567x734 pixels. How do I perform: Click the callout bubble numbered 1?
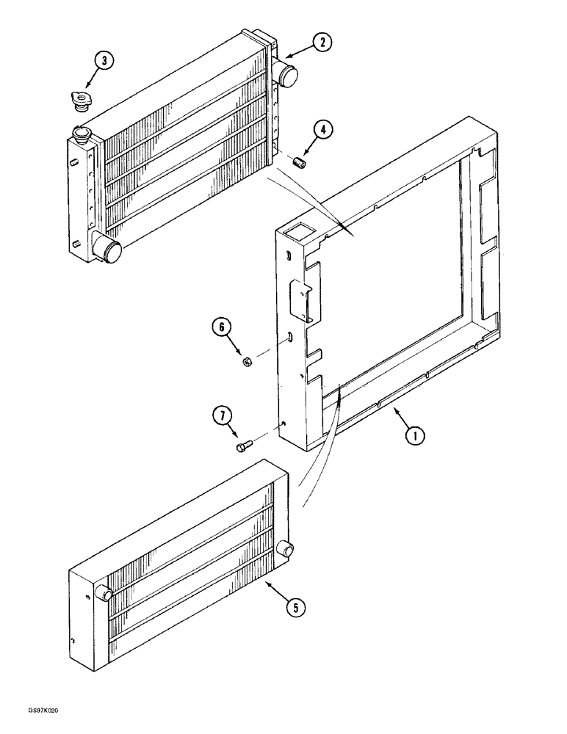tap(415, 435)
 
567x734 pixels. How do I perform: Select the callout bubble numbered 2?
tap(322, 43)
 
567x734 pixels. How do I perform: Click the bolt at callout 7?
tap(243, 445)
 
